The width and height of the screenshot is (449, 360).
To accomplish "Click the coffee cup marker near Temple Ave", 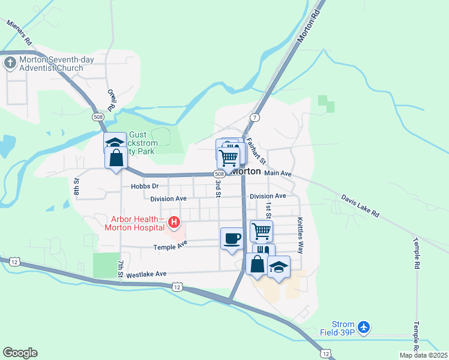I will (232, 239).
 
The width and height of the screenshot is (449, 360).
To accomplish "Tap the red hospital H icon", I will (174, 223).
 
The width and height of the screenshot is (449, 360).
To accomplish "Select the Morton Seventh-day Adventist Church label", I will (51, 64).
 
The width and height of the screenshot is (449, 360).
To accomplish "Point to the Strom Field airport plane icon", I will (363, 328).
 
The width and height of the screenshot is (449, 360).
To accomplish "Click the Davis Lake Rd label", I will (360, 205).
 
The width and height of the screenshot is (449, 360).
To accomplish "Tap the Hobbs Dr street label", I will (144, 187).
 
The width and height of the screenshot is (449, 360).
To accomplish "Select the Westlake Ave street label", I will (146, 274).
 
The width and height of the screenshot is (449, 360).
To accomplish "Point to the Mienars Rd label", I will (19, 32).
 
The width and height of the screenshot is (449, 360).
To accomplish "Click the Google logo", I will (20, 353).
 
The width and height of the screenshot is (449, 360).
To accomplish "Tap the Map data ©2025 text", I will (423, 355).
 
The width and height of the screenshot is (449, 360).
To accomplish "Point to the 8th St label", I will (77, 186).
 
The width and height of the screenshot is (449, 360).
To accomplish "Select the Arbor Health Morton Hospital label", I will (134, 223).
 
